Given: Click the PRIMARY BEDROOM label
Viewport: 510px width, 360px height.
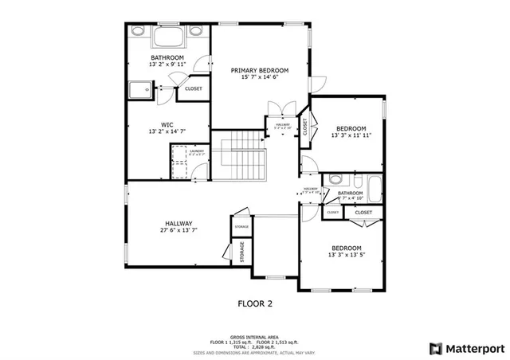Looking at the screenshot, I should tap(260, 70).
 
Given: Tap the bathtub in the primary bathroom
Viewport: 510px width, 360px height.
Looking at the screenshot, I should tap(167, 37).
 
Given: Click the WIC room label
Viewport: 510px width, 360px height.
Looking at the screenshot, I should tap(167, 124).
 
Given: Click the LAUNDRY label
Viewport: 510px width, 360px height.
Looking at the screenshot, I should tap(197, 151).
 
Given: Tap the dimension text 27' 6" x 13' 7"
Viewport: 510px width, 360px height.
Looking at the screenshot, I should tap(178, 231).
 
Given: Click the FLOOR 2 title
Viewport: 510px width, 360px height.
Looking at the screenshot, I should tap(255, 303).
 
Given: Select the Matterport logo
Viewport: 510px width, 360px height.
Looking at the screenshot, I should tap(467, 348).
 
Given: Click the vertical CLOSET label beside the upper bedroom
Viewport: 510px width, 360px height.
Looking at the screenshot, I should tap(304, 128).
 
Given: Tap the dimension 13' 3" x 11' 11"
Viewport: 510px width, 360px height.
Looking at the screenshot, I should tap(351, 135).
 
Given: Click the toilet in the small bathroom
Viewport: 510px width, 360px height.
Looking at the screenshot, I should tap(335, 179).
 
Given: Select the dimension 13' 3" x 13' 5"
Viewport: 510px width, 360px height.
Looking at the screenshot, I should tap(346, 255).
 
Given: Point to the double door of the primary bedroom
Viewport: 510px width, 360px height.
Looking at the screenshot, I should tap(280, 108).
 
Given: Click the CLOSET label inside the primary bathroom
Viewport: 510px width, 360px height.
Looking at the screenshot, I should tap(194, 88).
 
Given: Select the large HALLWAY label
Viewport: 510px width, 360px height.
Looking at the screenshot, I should tap(178, 223).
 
